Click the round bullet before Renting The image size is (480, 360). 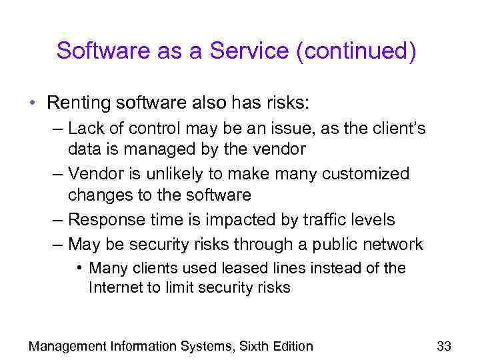click(x=32, y=103)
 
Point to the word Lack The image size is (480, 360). click(x=86, y=127)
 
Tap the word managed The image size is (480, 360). click(x=161, y=149)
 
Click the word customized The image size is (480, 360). click(x=366, y=174)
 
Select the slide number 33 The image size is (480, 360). click(x=444, y=345)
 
